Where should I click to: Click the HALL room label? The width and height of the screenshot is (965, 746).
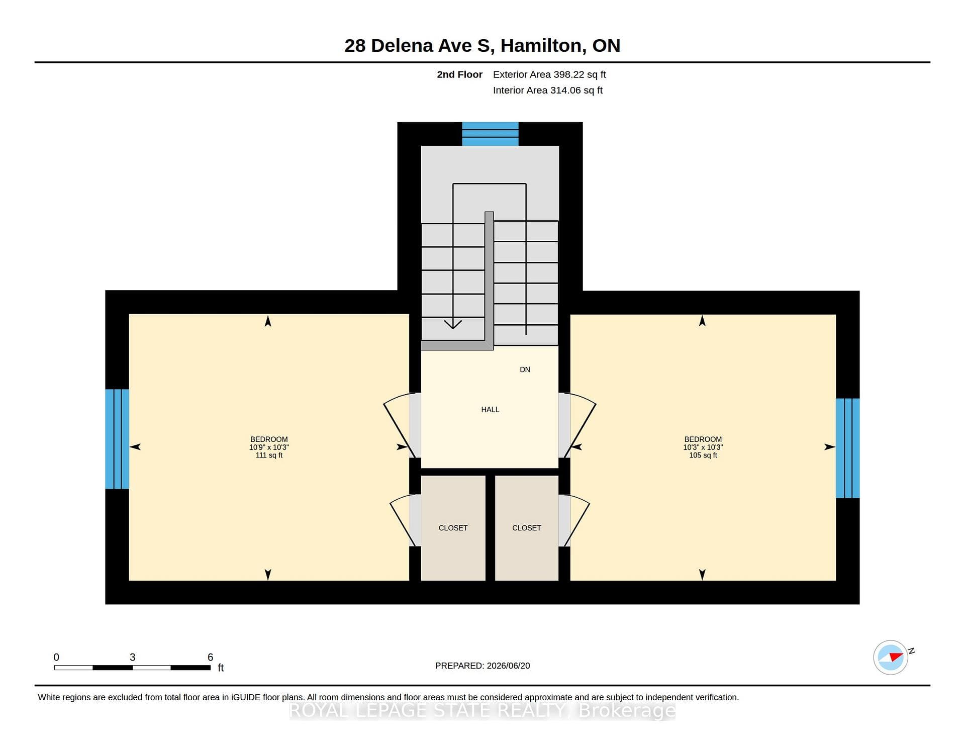click(x=490, y=410)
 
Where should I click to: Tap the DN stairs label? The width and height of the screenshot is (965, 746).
click(x=525, y=369)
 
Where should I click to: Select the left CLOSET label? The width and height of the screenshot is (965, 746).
click(x=453, y=528)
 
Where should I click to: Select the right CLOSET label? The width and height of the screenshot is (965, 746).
click(x=527, y=528)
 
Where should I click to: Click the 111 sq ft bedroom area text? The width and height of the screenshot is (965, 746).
click(x=269, y=455)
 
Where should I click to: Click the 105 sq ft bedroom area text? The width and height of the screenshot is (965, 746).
click(x=703, y=455)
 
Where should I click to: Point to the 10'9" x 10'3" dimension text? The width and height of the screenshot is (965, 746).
click(x=269, y=447)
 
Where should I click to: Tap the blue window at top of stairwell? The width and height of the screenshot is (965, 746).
click(x=490, y=134)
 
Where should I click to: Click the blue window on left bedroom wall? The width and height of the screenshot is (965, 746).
click(x=117, y=439)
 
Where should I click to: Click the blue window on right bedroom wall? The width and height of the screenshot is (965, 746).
click(x=847, y=448)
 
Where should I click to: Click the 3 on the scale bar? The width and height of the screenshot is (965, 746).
click(x=132, y=657)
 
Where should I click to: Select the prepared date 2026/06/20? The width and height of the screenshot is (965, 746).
click(x=508, y=666)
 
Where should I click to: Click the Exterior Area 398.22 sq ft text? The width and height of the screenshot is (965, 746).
click(x=549, y=74)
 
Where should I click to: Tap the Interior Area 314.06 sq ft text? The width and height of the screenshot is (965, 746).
click(x=548, y=90)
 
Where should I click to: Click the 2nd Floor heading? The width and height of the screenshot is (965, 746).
click(x=459, y=74)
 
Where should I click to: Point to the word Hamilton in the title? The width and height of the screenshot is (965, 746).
click(x=543, y=46)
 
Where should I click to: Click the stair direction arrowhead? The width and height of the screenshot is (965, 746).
click(x=453, y=324)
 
